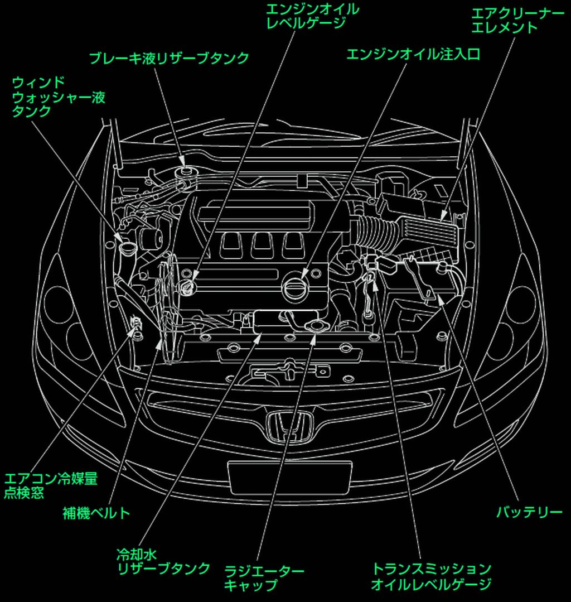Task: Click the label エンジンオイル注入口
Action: pos(413,55)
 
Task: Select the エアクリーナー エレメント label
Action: pos(517,20)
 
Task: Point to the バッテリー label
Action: pos(529,512)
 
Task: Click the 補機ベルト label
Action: pos(96,513)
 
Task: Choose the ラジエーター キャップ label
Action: pos(264,578)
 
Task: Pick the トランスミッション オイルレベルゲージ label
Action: pos(431,576)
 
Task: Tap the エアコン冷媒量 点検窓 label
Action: pos(51,485)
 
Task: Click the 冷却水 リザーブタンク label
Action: pos(163,561)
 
